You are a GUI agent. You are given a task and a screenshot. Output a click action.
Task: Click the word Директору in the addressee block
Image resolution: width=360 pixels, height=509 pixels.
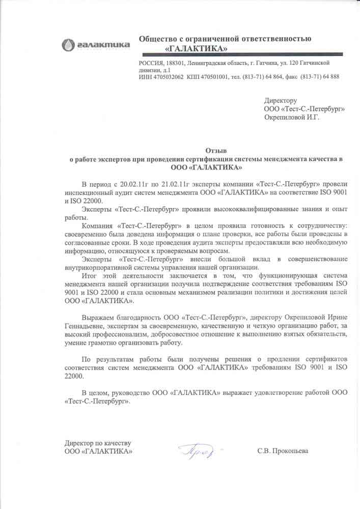tap(280, 101)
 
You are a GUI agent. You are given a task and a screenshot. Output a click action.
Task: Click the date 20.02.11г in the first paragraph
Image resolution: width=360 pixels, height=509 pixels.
tap(135, 184)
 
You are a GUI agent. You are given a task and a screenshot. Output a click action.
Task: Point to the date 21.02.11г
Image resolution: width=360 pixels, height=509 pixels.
tap(176, 184)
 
